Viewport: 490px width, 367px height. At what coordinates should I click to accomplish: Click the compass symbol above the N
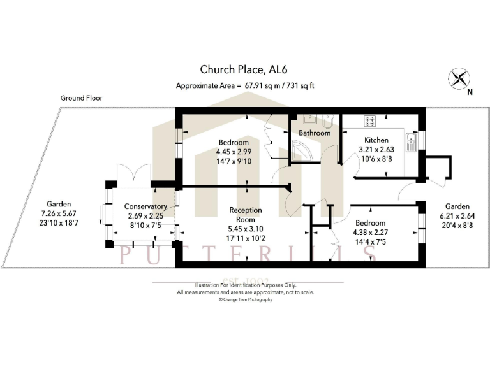tap(458, 79)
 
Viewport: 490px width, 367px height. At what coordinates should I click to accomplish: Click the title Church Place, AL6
tap(244, 69)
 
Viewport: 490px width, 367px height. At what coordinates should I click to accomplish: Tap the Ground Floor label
tap(81, 98)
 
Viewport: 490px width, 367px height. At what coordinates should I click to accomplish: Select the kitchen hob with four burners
tap(371, 121)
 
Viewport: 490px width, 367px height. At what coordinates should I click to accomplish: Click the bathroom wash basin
tap(309, 121)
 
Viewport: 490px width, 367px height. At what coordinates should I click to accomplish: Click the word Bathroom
tap(315, 133)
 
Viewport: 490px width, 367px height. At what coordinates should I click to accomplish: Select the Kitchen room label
tap(376, 140)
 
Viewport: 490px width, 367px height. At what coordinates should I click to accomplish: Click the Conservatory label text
tap(145, 206)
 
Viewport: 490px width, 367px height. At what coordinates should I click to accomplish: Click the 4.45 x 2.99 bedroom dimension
tap(234, 152)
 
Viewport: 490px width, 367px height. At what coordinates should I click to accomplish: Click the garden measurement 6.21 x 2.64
tap(457, 216)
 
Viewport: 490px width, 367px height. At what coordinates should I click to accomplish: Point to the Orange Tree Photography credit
tap(245, 299)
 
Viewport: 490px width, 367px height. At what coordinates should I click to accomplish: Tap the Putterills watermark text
tap(245, 254)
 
